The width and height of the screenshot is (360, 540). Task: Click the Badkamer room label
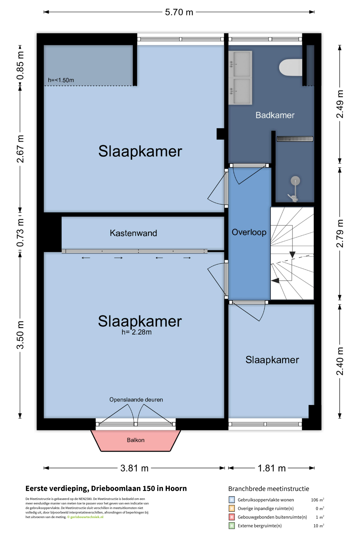pos(275,115)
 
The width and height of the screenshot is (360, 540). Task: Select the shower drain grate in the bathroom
pos(295,139)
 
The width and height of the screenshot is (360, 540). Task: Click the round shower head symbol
pos(295,181)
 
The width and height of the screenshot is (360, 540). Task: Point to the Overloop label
pos(249,232)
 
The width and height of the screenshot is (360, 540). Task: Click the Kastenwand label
pos(133,233)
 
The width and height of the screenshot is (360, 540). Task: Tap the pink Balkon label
pos(136,440)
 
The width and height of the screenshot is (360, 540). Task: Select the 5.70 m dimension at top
pos(179,12)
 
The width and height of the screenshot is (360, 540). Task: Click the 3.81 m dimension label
pos(134,468)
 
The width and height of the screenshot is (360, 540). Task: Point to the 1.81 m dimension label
pos(272,468)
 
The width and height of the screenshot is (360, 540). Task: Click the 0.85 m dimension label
pos(20,66)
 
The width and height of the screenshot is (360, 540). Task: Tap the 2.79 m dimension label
pos(340,233)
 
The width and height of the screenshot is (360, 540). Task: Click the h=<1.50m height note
pos(61,80)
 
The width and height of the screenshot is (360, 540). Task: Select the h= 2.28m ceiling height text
pos(136,332)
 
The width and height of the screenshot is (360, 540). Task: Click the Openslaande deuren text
pos(136,400)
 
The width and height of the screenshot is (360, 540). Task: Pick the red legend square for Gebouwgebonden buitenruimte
pos(232,517)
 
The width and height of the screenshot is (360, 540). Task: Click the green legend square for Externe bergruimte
pos(232,526)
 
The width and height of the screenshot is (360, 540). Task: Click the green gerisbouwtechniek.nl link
pos(87,517)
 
